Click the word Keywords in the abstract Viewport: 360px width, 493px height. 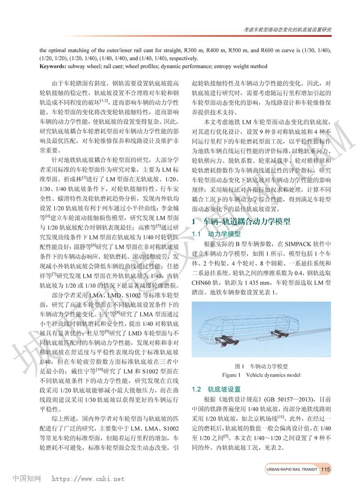click(54, 66)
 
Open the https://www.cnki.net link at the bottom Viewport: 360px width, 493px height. click(89, 479)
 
